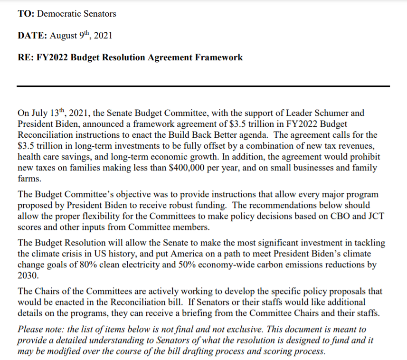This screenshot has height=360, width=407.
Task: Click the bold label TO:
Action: click(26, 13)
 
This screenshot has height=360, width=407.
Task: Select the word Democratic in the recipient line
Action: click(56, 13)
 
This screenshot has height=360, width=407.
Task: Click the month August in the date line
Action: click(64, 36)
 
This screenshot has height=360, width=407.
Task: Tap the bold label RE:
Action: click(26, 57)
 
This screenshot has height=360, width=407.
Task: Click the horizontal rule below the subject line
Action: click(203, 86)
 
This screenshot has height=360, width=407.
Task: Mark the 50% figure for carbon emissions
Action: click(208, 264)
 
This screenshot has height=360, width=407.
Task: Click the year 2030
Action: click(28, 275)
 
